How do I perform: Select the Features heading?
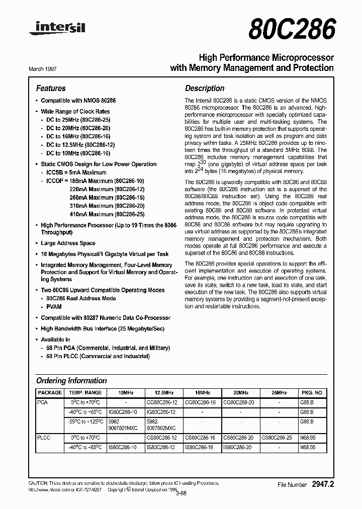51,88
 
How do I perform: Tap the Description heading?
205,88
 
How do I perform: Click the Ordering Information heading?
71,381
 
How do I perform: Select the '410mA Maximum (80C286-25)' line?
107,214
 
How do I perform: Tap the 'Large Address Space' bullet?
68,243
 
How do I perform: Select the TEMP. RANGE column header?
85,392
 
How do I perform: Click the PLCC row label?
45,438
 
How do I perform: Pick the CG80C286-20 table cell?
239,402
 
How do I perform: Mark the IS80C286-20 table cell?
239,447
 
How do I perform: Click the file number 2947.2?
323,484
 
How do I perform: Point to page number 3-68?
180,493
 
